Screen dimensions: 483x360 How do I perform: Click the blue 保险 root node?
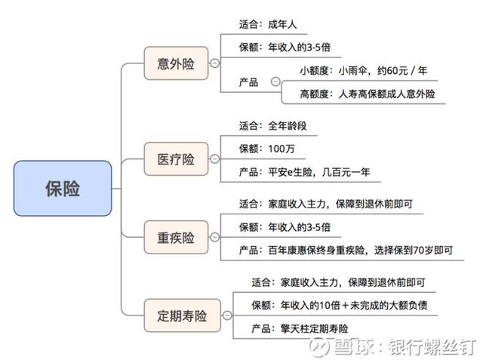63,188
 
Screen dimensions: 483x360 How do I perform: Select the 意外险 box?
176,63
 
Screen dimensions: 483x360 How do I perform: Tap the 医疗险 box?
176,159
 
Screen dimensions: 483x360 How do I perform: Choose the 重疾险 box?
176,237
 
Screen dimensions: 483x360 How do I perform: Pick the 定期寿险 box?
183,315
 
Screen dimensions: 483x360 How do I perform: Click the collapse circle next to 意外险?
214,63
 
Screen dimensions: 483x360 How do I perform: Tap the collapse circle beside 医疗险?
214,159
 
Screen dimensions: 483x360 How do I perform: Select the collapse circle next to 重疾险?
214,237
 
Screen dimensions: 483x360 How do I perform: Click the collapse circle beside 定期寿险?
227,315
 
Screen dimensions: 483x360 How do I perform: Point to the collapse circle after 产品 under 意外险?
275,82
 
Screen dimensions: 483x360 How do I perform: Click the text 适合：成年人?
268,24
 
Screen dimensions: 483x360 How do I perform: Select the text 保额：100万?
266,149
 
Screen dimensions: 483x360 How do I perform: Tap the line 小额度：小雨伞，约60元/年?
363,71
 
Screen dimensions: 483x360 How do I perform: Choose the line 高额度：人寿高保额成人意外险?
368,94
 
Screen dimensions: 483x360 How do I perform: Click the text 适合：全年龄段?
272,125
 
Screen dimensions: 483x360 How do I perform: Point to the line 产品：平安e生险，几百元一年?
304,172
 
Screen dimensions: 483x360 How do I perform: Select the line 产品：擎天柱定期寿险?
300,328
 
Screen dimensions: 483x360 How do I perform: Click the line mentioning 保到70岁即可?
346,250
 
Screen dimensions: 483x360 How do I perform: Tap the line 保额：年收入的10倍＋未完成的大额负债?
340,305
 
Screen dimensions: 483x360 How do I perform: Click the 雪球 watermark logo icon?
319,347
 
